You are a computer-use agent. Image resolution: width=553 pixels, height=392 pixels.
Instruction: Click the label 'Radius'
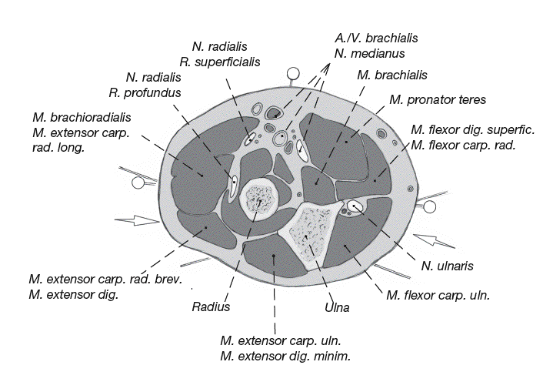(x=211, y=307)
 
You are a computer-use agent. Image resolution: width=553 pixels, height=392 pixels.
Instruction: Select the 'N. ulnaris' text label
(x=446, y=266)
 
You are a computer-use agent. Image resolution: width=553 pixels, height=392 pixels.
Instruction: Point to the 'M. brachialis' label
(x=392, y=75)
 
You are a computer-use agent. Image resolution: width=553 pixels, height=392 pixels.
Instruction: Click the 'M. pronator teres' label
(x=437, y=100)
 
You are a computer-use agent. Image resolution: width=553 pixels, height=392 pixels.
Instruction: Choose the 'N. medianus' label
(x=370, y=53)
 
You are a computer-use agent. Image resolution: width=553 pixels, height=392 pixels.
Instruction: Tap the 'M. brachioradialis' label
(x=82, y=117)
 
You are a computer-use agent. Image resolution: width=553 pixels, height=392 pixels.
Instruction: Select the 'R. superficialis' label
(x=219, y=62)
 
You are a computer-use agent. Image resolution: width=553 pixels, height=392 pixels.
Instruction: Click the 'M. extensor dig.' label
(x=73, y=294)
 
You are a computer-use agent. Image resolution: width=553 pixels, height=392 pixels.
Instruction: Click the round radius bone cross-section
(x=260, y=199)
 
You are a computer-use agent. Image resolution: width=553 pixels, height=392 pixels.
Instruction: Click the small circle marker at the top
(x=292, y=75)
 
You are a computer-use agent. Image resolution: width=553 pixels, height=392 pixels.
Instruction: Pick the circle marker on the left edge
(x=138, y=183)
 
